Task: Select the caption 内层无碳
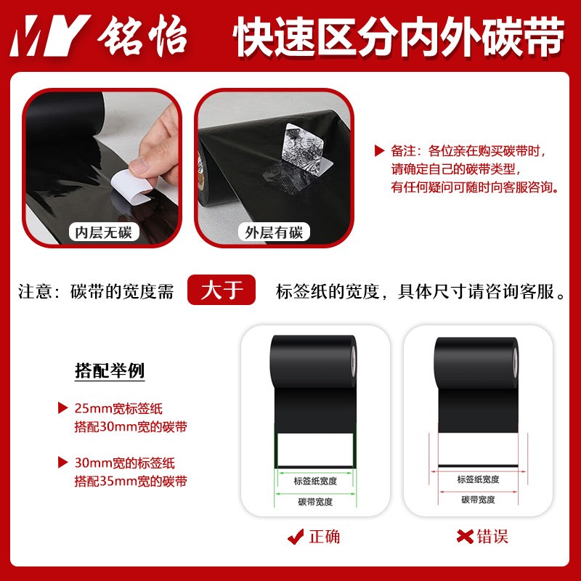pos(103,232)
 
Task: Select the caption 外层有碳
pos(274,232)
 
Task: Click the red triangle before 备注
pos(378,151)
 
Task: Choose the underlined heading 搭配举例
pos(110,371)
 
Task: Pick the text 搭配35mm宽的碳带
pos(130,481)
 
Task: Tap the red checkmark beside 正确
pos(295,538)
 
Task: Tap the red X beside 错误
pos(463,538)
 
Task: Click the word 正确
pos(324,537)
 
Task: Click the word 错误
pos(492,537)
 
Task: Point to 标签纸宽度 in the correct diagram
pos(314,480)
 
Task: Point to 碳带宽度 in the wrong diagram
pos(478,500)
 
